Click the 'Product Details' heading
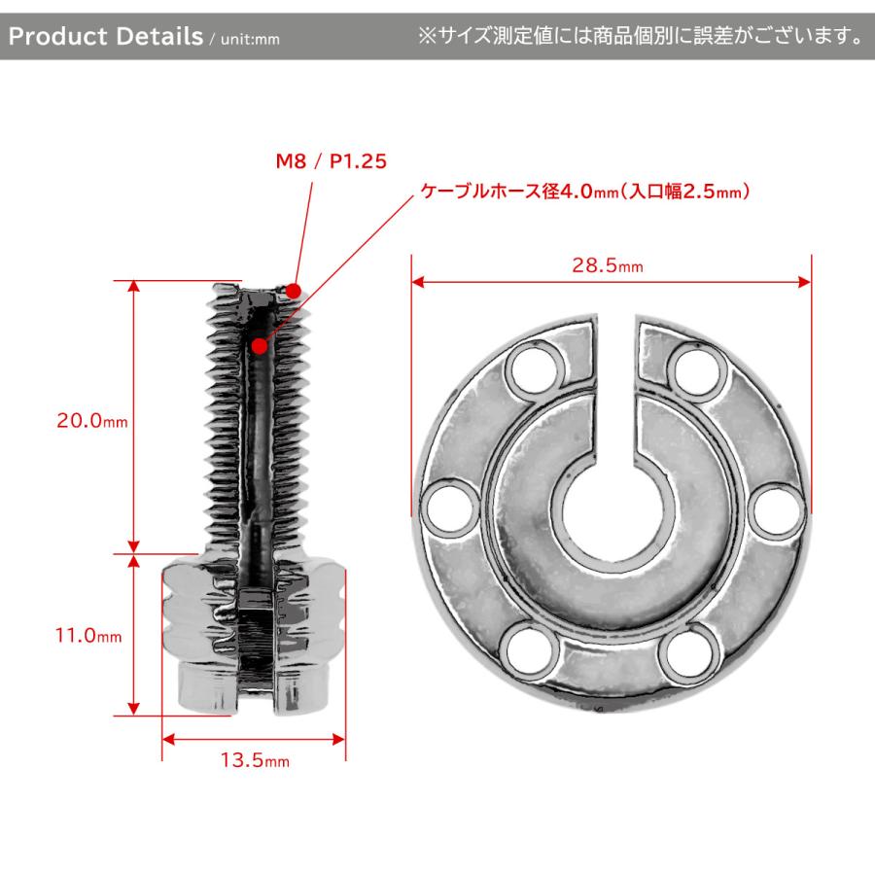[x=104, y=37]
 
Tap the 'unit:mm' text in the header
[x=247, y=40]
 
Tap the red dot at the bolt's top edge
[x=294, y=289]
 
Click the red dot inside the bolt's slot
[x=260, y=345]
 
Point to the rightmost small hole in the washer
[x=777, y=507]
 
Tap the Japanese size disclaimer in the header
[x=640, y=37]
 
